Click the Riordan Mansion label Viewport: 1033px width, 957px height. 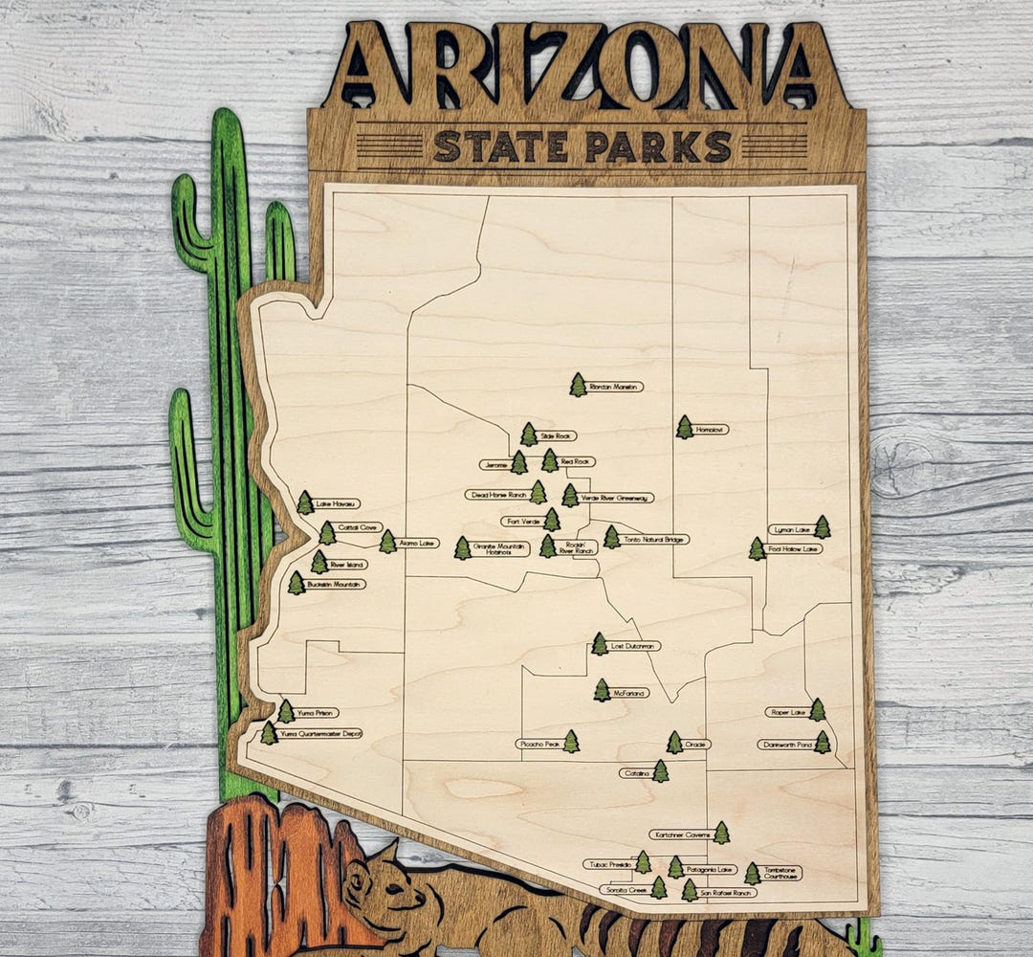pos(615,387)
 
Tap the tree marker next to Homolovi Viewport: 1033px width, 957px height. pos(685,428)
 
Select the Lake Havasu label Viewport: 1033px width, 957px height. pos(337,503)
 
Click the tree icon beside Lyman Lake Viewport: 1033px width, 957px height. pos(823,527)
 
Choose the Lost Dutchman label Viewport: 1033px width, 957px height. pos(634,646)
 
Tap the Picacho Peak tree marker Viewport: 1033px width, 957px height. pos(571,742)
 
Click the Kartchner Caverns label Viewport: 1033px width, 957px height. pos(680,835)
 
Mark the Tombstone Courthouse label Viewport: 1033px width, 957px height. pos(782,873)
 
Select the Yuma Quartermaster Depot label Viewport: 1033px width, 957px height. pos(320,734)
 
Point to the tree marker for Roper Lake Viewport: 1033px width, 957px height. pos(818,709)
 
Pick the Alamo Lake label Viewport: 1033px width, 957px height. pos(418,543)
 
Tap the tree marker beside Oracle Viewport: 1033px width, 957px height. pos(674,743)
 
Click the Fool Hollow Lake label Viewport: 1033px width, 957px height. pos(795,549)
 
